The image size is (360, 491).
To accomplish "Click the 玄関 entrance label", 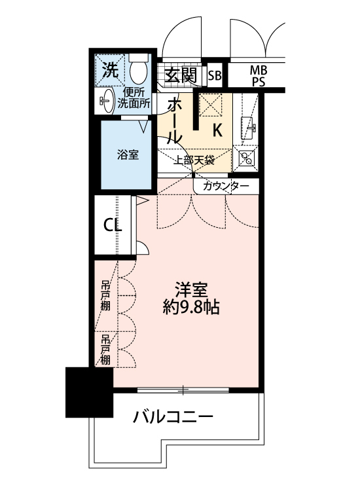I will (180, 75).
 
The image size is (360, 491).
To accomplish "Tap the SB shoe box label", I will (215, 75).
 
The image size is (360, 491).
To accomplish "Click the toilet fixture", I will (138, 68).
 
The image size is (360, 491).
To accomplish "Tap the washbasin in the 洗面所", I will (107, 99).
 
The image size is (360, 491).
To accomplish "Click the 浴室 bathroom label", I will (128, 155).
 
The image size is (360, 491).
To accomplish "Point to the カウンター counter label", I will (226, 187).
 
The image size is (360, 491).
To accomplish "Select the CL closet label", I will (113, 225).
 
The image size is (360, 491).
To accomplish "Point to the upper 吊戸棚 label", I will (105, 296).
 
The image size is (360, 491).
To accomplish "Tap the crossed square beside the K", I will (211, 105).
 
